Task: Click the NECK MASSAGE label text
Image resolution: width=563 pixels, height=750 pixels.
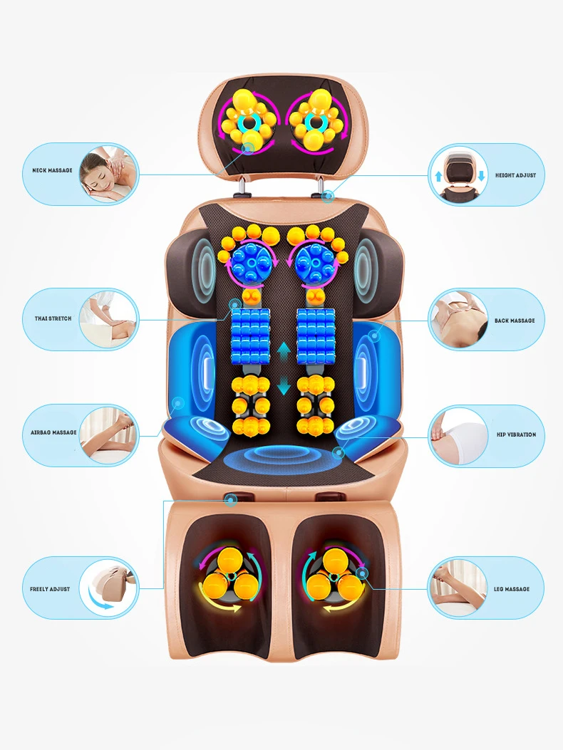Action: pos(52,171)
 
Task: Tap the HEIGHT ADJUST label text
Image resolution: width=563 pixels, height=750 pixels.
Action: pos(515,175)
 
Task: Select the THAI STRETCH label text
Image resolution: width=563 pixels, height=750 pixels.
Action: pos(53,318)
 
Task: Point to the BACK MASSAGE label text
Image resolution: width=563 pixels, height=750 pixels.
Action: pos(515,321)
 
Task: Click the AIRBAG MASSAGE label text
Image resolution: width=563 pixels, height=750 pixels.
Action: pos(53,432)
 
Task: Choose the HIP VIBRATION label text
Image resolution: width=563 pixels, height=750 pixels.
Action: pos(516,434)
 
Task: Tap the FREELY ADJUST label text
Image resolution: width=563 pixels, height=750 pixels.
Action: pos(50,589)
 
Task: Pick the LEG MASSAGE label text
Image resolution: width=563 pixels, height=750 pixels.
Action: pos(512,589)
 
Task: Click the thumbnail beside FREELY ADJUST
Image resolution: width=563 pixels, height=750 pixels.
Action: pos(108,588)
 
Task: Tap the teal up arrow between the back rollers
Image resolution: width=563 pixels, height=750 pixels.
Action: pos(284,350)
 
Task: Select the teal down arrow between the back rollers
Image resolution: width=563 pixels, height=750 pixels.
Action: pos(284,387)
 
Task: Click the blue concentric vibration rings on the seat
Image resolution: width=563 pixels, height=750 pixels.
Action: pos(281,459)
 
